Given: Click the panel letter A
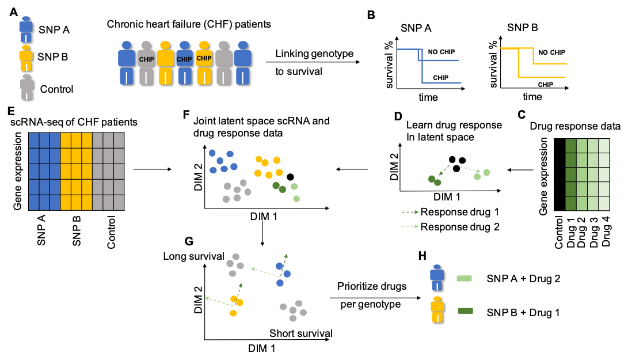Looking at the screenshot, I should click(13, 11).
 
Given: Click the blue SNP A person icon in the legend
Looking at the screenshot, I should click(26, 29).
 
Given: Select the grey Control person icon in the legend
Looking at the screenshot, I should click(26, 88).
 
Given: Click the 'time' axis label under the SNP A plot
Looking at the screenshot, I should click(428, 97).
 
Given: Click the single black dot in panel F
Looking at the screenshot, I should click(291, 177).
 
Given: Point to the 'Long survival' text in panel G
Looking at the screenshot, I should click(193, 256).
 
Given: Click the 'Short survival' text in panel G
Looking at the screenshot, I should click(301, 333).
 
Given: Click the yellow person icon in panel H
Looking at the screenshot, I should click(438, 311).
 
